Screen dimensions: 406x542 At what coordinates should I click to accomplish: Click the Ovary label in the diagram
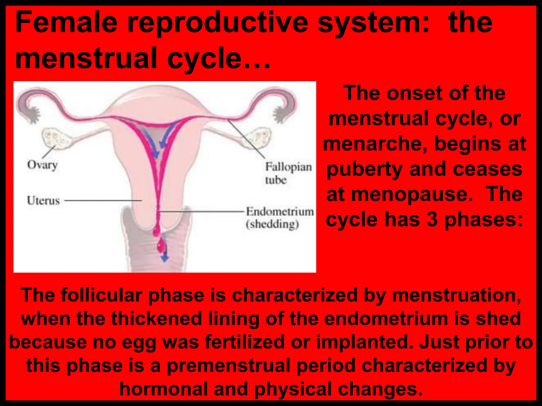42,165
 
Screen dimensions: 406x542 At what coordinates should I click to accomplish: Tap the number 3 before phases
432,219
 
